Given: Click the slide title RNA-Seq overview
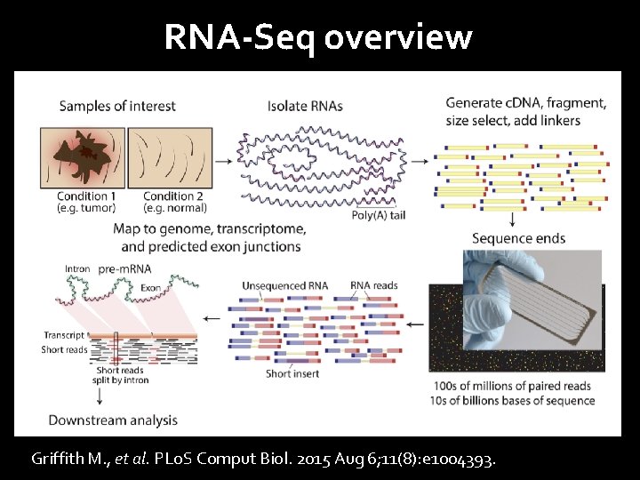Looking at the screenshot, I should (317, 37).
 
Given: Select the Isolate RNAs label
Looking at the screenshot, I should (305, 107).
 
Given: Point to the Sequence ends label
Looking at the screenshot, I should (518, 238).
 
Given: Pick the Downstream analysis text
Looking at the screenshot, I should (113, 420).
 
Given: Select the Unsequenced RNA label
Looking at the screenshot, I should (284, 286).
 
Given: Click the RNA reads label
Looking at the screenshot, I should (373, 286).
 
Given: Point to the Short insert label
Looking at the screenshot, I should (292, 373).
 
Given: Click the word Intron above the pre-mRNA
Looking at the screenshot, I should (77, 268).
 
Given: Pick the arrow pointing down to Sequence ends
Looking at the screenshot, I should (514, 219).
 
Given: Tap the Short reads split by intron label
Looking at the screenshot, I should (123, 375).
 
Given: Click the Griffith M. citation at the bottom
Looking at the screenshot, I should (264, 460).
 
